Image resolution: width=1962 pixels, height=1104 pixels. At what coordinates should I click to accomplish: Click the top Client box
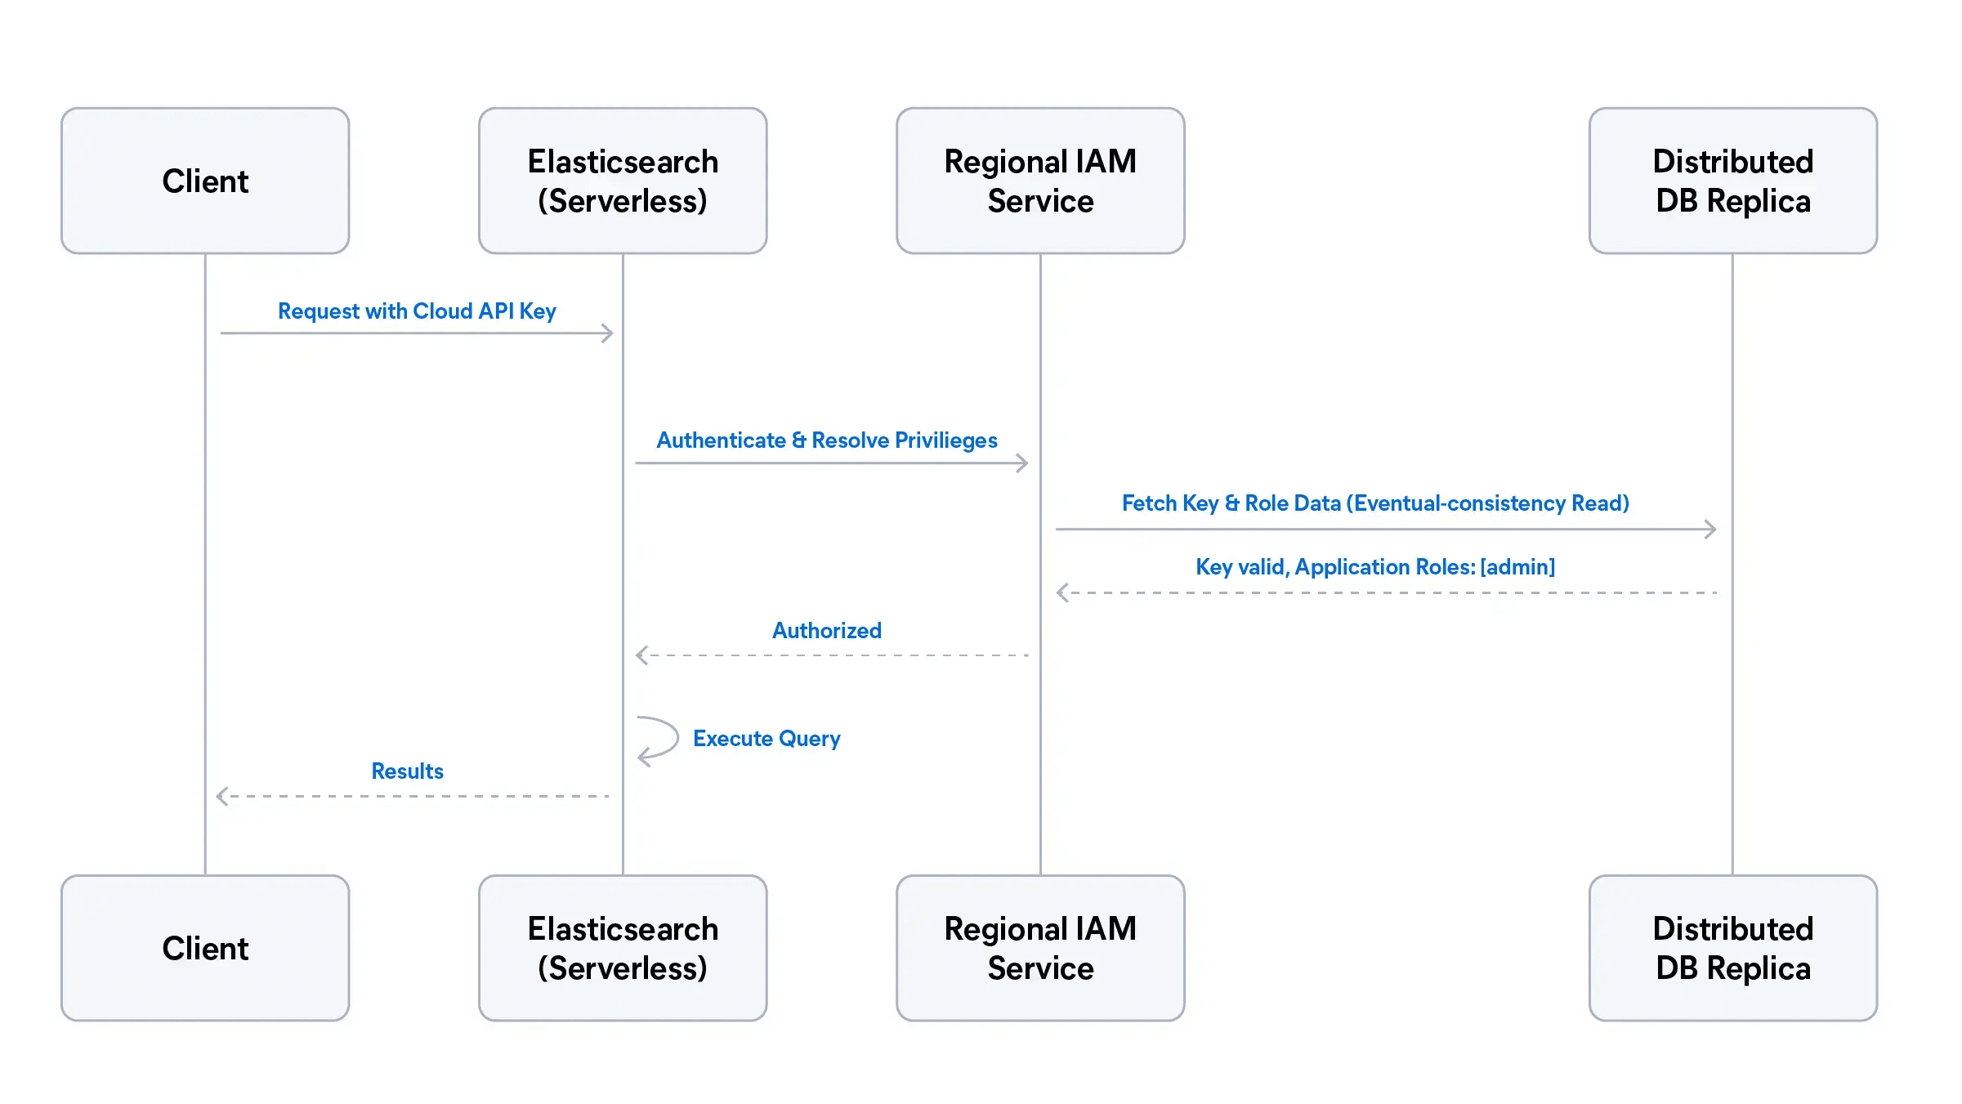click(x=205, y=181)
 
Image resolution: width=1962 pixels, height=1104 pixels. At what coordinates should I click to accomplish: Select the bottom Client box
click(x=205, y=948)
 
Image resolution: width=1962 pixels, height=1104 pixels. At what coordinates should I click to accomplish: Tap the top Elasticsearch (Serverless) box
click(x=623, y=181)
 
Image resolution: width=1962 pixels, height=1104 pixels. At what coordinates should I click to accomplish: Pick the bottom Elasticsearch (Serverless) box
click(x=623, y=948)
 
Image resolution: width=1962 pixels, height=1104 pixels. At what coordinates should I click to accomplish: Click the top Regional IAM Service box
click(x=1040, y=181)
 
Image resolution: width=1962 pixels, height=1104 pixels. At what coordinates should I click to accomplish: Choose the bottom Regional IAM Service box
click(x=1040, y=948)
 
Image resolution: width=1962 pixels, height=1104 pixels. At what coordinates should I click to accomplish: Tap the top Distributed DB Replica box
click(x=1732, y=181)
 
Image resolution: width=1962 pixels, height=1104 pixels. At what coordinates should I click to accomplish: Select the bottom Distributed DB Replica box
click(x=1732, y=948)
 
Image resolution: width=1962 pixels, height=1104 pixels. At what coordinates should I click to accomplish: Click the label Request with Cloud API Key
click(x=417, y=311)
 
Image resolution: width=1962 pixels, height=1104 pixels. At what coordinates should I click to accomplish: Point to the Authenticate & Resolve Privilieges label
click(x=827, y=440)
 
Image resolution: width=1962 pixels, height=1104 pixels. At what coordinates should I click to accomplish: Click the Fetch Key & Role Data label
click(x=1375, y=503)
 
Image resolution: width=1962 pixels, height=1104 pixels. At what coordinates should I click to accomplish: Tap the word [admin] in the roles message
click(x=1517, y=567)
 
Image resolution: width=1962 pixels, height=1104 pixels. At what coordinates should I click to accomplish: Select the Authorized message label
click(x=827, y=631)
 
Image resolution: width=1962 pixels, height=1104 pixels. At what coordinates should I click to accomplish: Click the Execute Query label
click(x=766, y=739)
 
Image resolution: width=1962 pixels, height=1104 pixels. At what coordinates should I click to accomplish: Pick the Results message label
click(x=407, y=771)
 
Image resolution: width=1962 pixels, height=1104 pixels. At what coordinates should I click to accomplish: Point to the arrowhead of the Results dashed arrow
click(x=221, y=796)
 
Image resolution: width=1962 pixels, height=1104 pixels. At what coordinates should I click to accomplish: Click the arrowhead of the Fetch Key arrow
click(x=1711, y=530)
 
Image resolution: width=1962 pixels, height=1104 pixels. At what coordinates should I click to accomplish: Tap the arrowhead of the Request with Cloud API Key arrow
click(x=608, y=333)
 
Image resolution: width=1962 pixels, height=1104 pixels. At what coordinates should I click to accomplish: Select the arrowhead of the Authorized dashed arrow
click(x=641, y=655)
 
